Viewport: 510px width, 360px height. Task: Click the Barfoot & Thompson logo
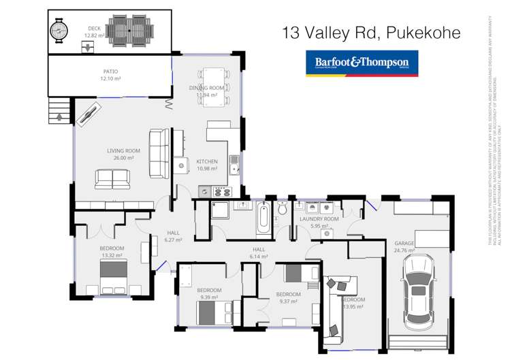click(362, 63)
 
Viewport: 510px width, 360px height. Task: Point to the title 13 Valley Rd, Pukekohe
click(371, 32)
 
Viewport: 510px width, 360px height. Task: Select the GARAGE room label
click(404, 243)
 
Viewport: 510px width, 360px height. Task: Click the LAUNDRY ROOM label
click(319, 219)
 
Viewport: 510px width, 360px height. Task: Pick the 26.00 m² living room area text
click(123, 158)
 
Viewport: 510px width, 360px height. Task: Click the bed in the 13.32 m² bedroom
click(113, 275)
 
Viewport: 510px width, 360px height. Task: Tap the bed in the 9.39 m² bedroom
click(212, 312)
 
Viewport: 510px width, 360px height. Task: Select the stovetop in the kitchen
click(223, 192)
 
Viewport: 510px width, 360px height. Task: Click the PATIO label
click(111, 71)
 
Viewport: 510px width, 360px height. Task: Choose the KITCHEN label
click(206, 161)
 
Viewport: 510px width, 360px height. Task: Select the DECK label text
click(92, 28)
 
